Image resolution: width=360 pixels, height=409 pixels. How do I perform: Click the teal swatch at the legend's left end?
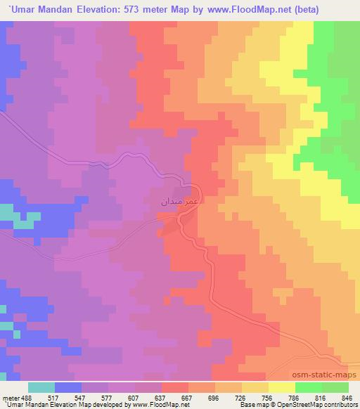[x=41, y=387]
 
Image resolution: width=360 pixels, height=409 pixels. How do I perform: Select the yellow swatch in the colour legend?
[x=281, y=387]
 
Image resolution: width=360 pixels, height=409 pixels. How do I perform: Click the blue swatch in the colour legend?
[x=68, y=387]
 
